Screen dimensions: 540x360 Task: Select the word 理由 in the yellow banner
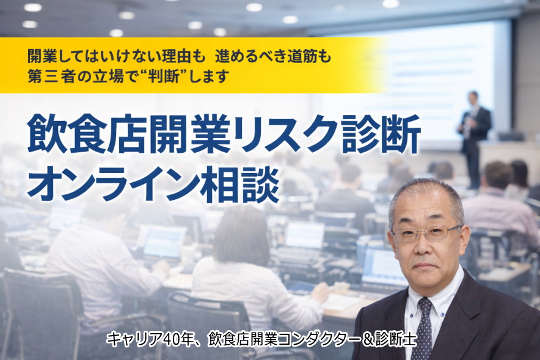point(179,57)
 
